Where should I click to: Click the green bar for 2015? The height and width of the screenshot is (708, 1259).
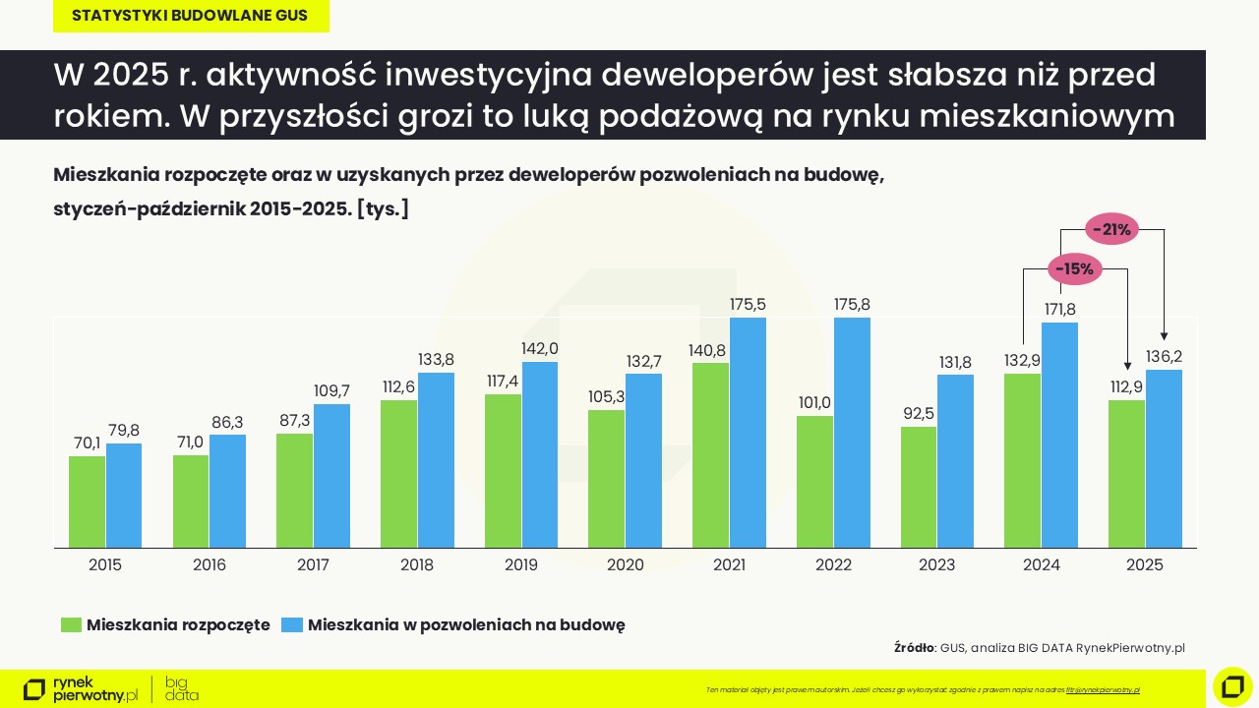pos(87,501)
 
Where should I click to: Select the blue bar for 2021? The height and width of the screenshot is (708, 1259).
pos(748,433)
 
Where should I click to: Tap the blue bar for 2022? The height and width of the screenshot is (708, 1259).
pos(852,433)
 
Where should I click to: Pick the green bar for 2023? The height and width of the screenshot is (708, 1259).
pos(919,487)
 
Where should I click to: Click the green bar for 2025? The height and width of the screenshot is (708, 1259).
pos(1126,474)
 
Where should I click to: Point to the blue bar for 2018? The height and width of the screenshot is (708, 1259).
pos(436,460)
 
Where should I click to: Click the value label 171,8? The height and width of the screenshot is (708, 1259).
pos(1059,310)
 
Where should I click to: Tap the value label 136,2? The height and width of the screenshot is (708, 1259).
pos(1164,356)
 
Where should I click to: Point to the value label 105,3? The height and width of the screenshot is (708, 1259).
pos(607,396)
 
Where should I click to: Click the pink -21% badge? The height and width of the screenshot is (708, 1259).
pos(1112,230)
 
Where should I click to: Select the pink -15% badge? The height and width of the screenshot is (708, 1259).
pos(1074,268)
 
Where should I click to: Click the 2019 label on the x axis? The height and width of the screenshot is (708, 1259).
pos(521,565)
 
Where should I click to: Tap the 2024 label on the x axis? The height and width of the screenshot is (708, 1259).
pos(1041,565)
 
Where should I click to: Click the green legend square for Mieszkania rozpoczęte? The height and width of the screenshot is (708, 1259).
pos(71,625)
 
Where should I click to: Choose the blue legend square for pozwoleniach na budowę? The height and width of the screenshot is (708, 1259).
pos(291,625)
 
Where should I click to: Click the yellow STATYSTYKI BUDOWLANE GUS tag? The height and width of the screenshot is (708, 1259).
pos(190,17)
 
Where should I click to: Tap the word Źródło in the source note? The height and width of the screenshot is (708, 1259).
pos(914,648)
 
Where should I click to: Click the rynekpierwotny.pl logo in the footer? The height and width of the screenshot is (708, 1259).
pos(81,689)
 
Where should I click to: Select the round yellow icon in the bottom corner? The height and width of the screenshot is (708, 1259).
pos(1231,686)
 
